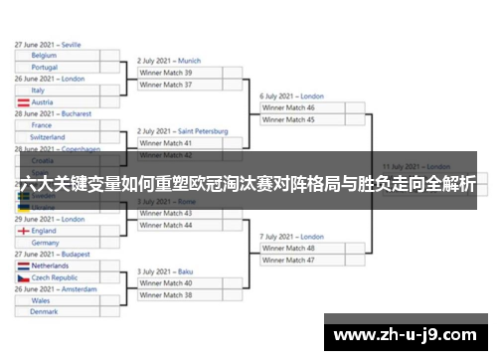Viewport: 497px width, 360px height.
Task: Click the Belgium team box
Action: coord(57,56)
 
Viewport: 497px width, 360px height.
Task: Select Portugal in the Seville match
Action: coord(57,68)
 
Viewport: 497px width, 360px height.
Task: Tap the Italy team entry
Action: coord(57,90)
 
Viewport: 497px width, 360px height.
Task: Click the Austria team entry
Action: coord(57,102)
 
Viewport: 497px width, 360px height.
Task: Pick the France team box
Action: coord(57,125)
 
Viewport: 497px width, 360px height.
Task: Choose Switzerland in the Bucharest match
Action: coord(57,137)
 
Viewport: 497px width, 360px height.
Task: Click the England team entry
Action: coord(57,231)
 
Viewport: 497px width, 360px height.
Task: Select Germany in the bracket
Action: coord(57,243)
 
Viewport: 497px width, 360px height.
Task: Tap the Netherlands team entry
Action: coord(57,267)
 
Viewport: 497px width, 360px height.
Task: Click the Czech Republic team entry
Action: coord(57,278)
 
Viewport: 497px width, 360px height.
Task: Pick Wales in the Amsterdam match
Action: coord(57,300)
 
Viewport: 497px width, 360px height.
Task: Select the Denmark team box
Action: coord(57,312)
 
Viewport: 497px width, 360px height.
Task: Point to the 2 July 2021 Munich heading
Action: coord(169,61)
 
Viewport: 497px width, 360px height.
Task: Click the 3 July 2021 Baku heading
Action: coord(166,271)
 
